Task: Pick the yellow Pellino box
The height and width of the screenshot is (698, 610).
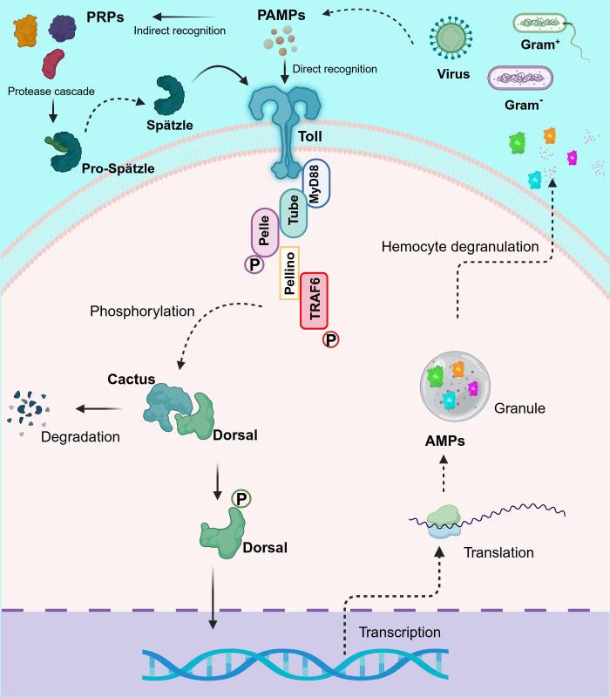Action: click(x=289, y=272)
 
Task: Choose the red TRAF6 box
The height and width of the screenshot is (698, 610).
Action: click(x=314, y=300)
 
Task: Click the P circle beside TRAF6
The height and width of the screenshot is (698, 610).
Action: click(x=331, y=341)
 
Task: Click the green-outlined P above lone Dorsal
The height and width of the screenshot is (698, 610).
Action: click(x=241, y=498)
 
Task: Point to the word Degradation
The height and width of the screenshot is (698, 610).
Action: click(x=80, y=435)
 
